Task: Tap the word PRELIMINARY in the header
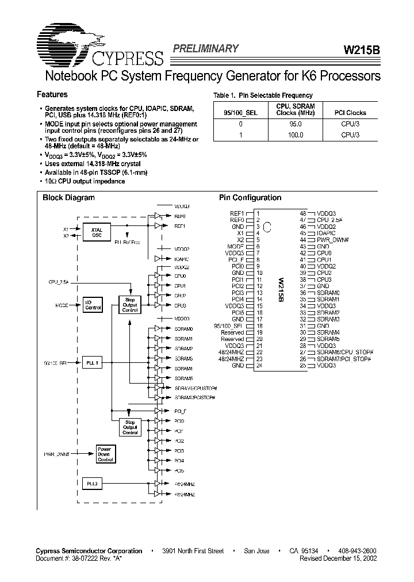[x=205, y=49]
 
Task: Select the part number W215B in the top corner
[x=361, y=50]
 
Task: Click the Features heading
[x=52, y=94]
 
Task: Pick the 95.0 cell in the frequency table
[x=295, y=124]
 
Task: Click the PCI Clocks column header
[x=350, y=113]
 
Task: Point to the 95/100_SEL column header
[x=240, y=113]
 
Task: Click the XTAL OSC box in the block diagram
[x=97, y=232]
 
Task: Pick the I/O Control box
[x=93, y=304]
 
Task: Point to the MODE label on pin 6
[x=236, y=246]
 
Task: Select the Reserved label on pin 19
[x=233, y=332]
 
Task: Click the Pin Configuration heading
[x=250, y=198]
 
